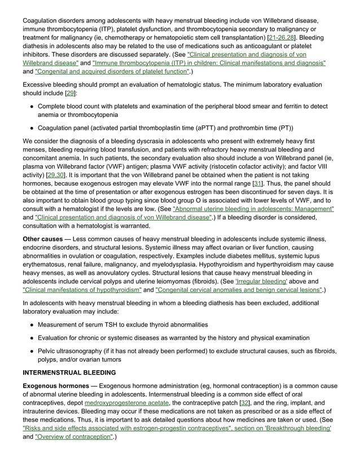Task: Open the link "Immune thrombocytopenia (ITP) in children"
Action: pyautogui.click(x=209, y=63)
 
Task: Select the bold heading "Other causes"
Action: pyautogui.click(x=42, y=239)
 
